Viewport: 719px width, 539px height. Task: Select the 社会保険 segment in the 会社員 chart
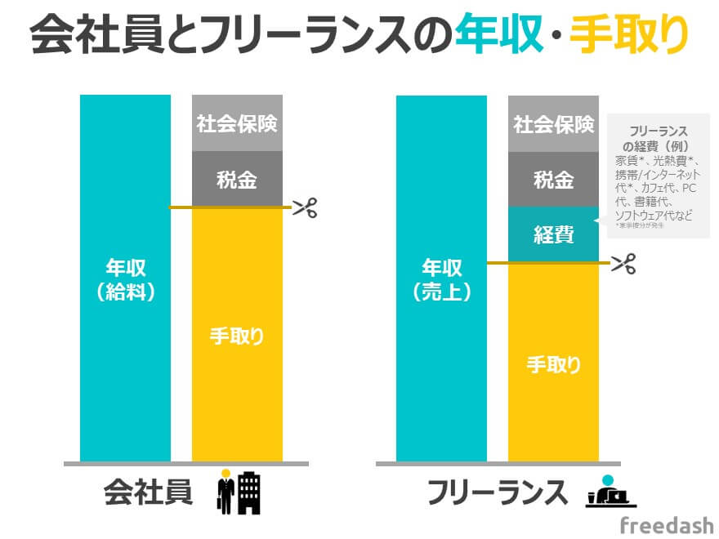237,124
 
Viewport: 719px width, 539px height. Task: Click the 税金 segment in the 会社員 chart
237,180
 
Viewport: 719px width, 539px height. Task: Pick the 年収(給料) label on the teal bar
125,280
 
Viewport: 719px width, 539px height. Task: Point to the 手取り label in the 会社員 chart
237,336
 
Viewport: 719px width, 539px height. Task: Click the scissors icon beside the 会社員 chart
305,207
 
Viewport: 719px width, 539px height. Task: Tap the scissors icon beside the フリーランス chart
623,263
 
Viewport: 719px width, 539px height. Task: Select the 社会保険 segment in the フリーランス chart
553,124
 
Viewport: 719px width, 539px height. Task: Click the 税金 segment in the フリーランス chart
553,180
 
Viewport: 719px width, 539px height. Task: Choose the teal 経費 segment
553,235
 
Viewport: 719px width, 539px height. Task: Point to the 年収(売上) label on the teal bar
441,280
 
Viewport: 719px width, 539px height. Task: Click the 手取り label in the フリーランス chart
553,363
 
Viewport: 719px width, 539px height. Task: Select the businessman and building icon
239,491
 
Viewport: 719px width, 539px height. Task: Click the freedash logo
666,524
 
